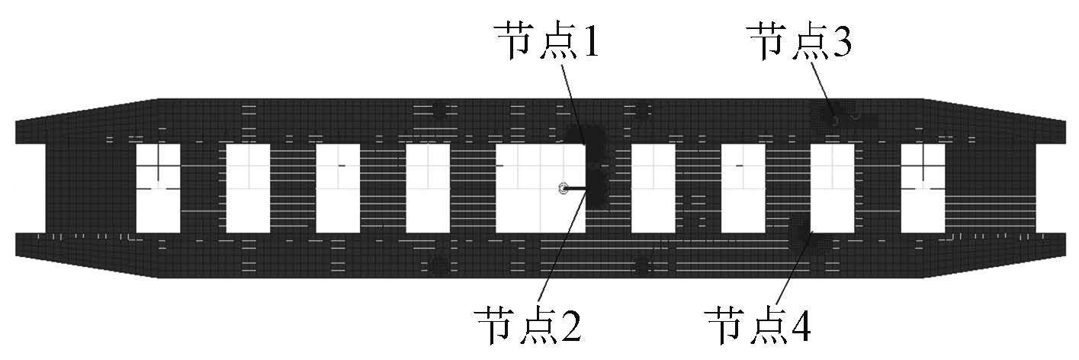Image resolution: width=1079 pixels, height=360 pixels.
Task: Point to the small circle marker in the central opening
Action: coord(563,188)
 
